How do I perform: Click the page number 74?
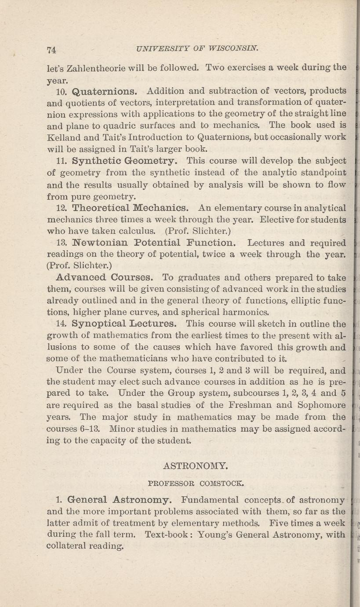coord(52,49)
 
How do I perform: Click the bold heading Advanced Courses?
coord(105,278)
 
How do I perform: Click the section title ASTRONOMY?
coord(195,464)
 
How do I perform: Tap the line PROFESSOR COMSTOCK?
coord(196,483)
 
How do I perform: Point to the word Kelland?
coord(63,137)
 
